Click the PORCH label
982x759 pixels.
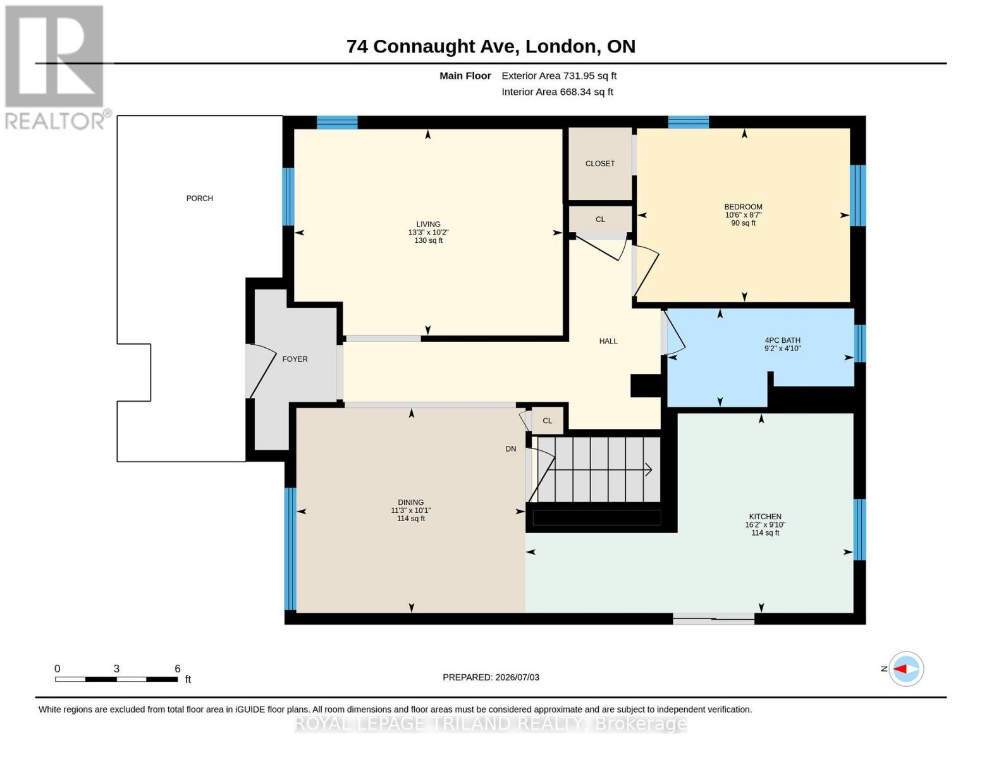click(199, 198)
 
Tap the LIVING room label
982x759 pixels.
click(428, 224)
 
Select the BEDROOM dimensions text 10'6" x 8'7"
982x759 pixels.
click(744, 215)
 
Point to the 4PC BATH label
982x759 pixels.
click(782, 340)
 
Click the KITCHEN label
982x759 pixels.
click(765, 517)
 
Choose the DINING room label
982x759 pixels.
click(411, 502)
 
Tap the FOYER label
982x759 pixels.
click(295, 359)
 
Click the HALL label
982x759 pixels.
click(608, 342)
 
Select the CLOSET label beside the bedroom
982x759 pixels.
click(599, 164)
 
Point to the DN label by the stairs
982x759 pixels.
click(511, 449)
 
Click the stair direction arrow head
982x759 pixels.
click(649, 470)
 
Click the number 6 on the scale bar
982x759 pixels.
click(178, 669)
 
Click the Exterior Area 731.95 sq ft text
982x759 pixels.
click(559, 76)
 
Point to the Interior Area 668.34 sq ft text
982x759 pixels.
click(557, 92)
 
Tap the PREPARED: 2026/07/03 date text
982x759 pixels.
click(491, 677)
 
